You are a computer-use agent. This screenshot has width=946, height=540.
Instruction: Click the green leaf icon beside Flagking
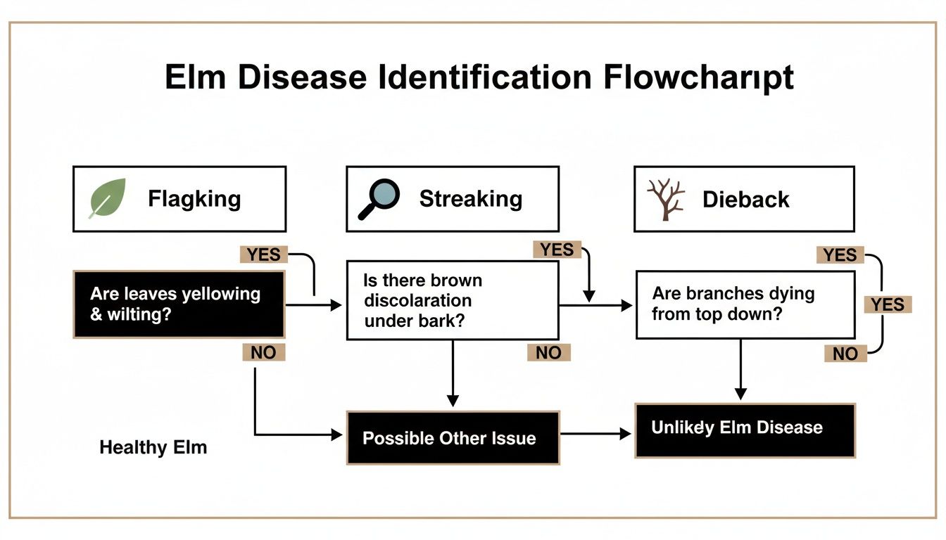coord(107,198)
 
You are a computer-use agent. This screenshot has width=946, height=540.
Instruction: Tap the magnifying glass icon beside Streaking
coord(379,199)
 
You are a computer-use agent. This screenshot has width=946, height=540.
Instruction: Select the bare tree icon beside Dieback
coord(666,200)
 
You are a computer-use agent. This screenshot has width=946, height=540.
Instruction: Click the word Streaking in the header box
coord(470,199)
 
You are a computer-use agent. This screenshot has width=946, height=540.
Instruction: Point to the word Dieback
coord(746,200)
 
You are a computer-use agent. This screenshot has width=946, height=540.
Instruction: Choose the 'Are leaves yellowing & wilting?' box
coord(179,304)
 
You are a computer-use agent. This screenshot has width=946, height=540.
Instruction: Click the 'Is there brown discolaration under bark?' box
coord(453,300)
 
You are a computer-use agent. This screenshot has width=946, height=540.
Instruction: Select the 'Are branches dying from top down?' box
coord(745,304)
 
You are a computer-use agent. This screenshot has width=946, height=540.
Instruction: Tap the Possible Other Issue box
coord(453,438)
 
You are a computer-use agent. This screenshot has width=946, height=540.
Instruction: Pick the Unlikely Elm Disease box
coord(745,430)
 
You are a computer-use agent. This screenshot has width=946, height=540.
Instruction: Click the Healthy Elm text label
coord(153,447)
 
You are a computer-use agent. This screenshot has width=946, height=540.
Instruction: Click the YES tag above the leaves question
coord(263,255)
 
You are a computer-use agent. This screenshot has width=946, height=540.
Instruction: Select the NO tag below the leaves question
coord(263,352)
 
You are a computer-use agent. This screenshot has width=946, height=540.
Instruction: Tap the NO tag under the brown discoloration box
coord(548,352)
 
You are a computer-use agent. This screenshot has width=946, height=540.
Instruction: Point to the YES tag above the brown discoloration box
coord(557,250)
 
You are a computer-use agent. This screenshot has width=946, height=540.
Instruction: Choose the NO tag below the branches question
coord(845,354)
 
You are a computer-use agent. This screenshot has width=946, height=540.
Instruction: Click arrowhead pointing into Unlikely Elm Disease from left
coord(626,434)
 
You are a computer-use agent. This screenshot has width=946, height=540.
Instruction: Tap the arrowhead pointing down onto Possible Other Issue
coord(453,401)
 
